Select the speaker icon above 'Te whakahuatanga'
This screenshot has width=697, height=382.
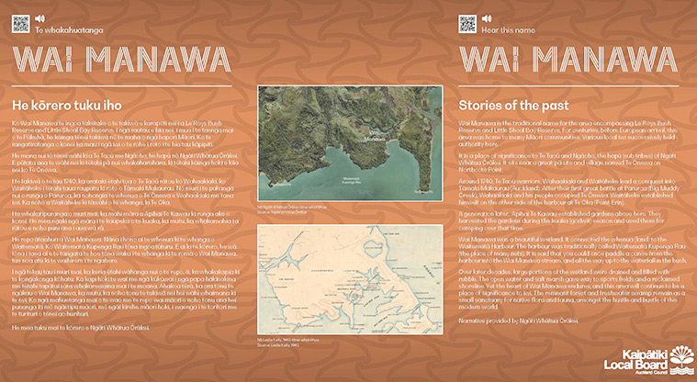39,17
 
